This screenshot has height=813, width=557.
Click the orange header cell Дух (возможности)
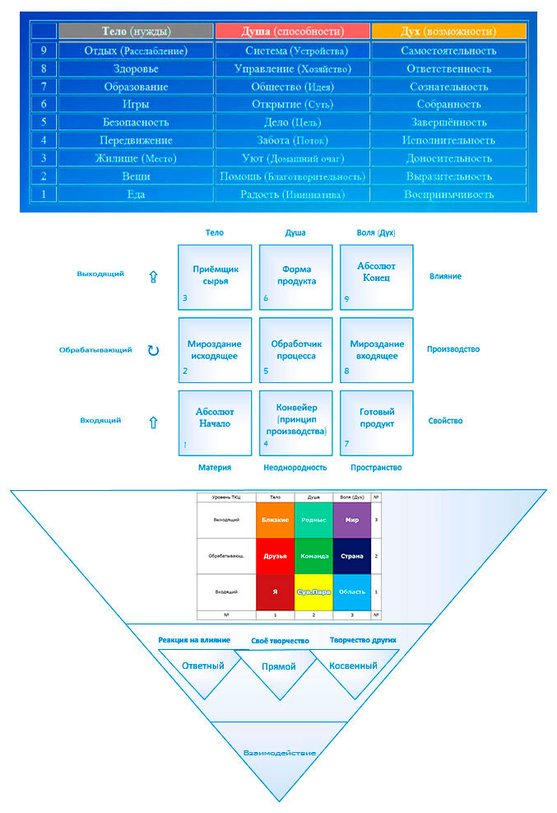click(x=448, y=31)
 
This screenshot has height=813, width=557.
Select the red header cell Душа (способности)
click(x=292, y=31)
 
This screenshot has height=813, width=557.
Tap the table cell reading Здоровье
click(x=136, y=68)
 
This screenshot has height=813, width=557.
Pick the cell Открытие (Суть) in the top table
click(x=292, y=105)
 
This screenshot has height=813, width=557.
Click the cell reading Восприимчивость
click(x=448, y=194)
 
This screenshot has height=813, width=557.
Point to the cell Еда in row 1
click(x=136, y=194)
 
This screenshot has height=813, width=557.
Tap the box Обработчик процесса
click(x=295, y=349)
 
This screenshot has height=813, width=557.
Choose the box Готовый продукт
click(x=377, y=423)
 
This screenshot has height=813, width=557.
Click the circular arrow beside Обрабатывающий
click(x=153, y=350)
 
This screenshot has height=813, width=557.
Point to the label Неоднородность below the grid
click(x=295, y=467)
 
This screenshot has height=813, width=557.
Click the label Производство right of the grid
click(x=453, y=349)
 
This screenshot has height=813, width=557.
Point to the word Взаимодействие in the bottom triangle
click(x=280, y=752)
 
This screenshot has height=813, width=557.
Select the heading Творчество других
click(x=363, y=640)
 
